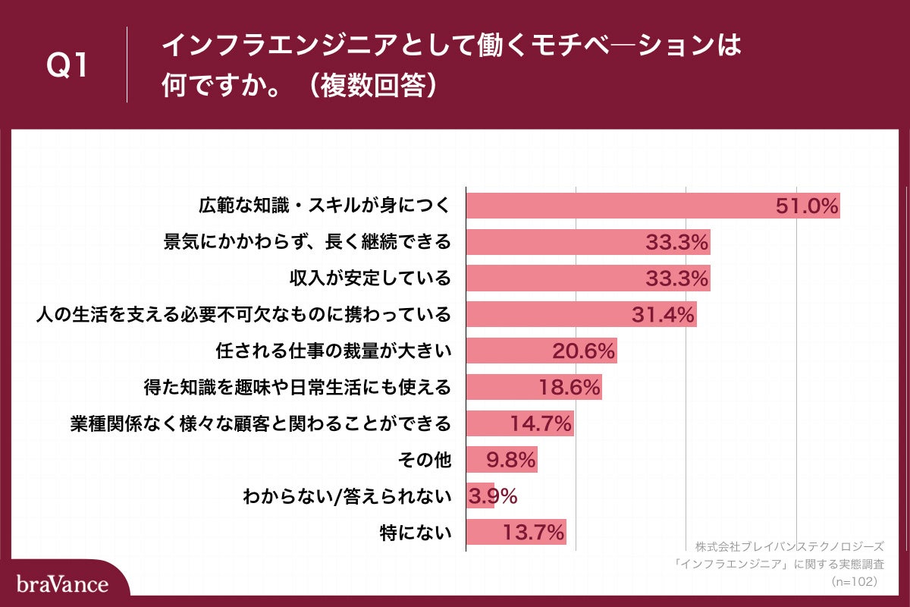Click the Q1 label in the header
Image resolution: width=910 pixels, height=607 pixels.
click(68, 67)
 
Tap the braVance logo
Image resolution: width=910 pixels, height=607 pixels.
click(62, 584)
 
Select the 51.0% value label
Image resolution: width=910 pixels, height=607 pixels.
click(806, 206)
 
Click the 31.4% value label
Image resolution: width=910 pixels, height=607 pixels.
click(663, 315)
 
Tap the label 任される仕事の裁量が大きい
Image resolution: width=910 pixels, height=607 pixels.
click(334, 351)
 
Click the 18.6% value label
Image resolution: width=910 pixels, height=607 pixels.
click(570, 387)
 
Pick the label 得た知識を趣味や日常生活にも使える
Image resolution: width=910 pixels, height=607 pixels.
click(297, 387)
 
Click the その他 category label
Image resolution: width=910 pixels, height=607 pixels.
click(424, 460)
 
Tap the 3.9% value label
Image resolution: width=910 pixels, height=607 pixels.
click(494, 496)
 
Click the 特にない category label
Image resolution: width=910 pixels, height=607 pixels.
click(416, 533)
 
